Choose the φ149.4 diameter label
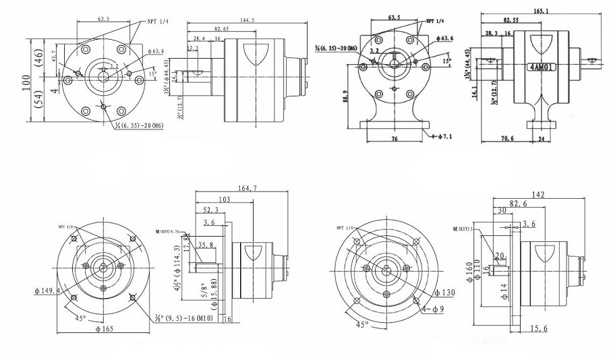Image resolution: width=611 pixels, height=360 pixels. (x=47, y=291)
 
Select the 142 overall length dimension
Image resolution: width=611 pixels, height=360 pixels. (x=537, y=194)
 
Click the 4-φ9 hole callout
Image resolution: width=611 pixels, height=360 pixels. (x=433, y=309)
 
